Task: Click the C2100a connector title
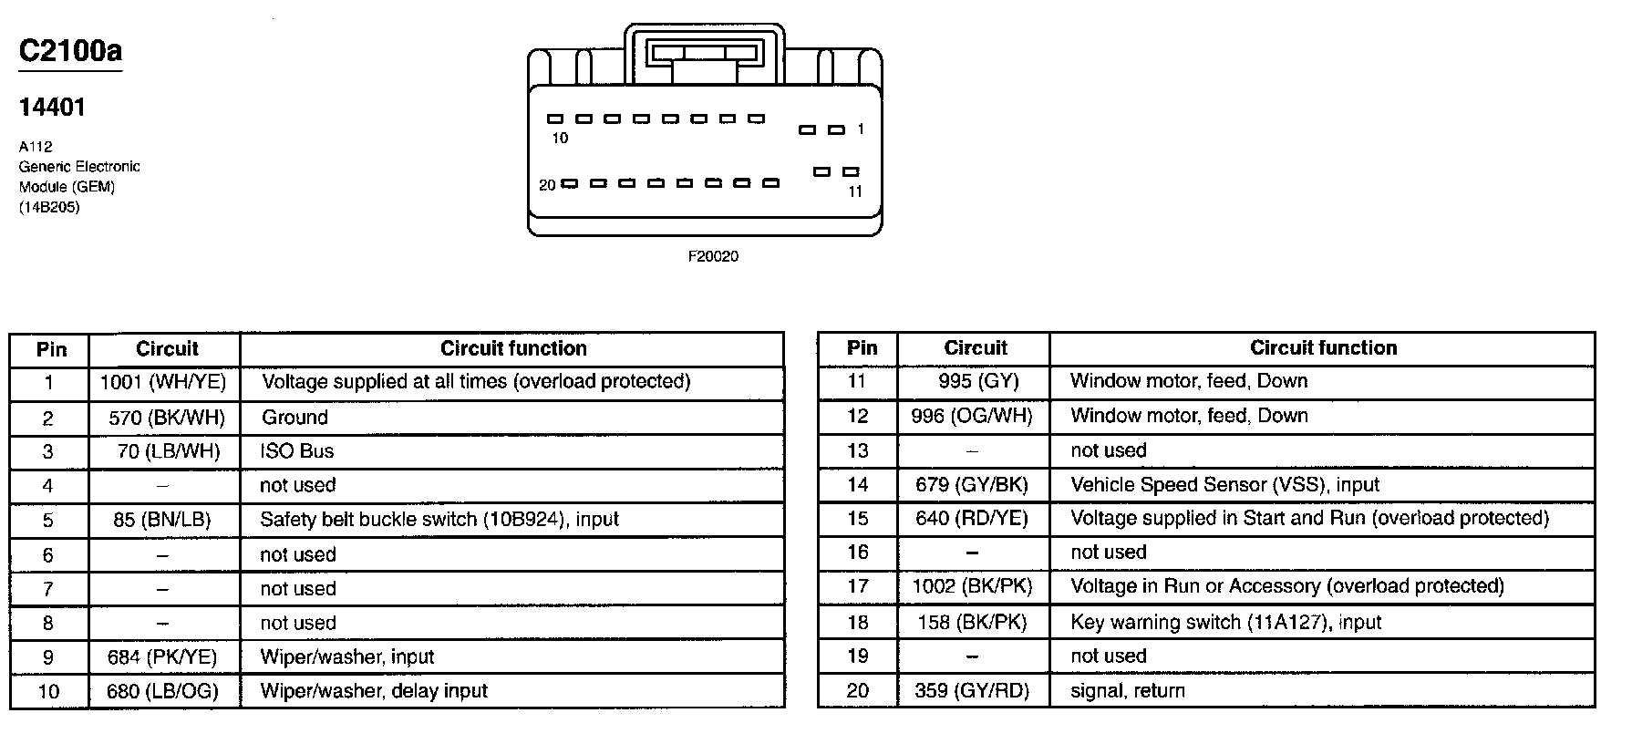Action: pos(70,51)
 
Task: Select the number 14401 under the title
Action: pos(52,108)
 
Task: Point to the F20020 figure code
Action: pos(713,257)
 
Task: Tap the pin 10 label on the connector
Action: pos(560,139)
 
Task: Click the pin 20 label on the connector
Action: pos(547,185)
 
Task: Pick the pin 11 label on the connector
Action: pos(855,191)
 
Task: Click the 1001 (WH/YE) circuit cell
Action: pos(163,382)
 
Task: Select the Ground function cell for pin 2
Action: pos(294,418)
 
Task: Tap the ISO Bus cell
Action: pos(297,451)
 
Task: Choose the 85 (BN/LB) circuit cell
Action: pos(162,520)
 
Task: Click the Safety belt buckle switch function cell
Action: pos(439,520)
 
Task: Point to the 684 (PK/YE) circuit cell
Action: pos(162,657)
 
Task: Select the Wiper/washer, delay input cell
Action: pos(374,691)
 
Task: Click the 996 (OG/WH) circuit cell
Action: pos(972,416)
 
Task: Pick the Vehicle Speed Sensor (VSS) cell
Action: pos(1224,485)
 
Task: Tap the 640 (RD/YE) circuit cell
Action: pos(972,519)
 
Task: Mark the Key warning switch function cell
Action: pos(1225,623)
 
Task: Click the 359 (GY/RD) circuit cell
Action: pos(972,691)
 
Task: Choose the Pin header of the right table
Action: pos(862,348)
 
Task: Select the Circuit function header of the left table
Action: pos(513,348)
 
